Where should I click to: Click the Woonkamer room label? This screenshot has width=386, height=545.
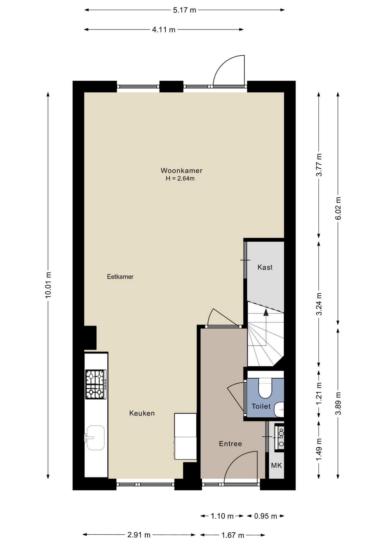(181, 171)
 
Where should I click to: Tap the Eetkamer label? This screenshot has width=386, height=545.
(120, 276)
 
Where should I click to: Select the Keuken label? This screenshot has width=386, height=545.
(142, 413)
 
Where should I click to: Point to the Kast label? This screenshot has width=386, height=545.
(265, 267)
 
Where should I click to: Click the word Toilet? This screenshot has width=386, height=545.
(261, 406)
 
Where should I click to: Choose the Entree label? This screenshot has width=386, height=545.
(230, 444)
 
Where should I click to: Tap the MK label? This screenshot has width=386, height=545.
(276, 465)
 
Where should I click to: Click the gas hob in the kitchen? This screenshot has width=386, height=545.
(96, 384)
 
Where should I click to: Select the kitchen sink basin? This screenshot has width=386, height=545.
(96, 438)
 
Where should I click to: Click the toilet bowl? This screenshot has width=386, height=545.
(265, 388)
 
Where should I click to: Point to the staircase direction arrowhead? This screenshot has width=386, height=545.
(266, 312)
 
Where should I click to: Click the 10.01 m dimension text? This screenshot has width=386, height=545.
(48, 285)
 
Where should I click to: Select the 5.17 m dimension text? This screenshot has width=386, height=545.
(184, 10)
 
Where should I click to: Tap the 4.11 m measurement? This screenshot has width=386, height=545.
(163, 30)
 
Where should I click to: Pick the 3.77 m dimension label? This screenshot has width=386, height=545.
(319, 165)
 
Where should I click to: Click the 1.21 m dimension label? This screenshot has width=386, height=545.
(319, 394)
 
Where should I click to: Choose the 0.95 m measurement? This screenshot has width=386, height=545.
(265, 516)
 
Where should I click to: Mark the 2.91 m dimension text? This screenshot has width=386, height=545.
(139, 535)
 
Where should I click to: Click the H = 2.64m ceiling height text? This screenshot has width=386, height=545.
(180, 179)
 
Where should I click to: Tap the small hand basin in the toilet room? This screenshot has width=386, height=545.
(279, 410)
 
